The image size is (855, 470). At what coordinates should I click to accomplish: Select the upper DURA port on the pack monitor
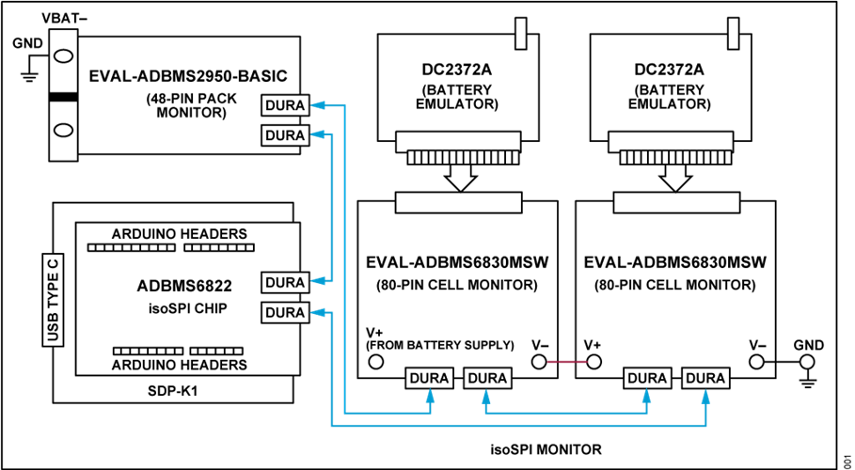[x=284, y=105]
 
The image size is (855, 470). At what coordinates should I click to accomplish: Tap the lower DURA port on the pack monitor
[x=284, y=135]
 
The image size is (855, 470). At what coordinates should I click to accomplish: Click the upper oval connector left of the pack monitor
[x=63, y=55]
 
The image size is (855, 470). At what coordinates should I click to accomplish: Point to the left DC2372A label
[x=456, y=70]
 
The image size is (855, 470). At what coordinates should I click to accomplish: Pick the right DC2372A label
[x=669, y=70]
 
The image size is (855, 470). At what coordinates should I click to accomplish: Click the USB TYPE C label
[x=54, y=299]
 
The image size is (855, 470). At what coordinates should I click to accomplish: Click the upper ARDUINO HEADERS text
[x=179, y=233]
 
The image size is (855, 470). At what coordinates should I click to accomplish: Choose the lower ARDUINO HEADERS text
[x=179, y=364]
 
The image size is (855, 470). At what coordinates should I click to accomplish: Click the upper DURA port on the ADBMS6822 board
[x=284, y=282]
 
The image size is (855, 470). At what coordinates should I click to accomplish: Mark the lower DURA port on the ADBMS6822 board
[x=284, y=312]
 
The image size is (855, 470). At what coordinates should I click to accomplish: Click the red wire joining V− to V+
[x=565, y=362]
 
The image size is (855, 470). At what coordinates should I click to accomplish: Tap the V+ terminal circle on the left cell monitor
[x=375, y=362]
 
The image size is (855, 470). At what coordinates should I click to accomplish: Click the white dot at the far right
[x=806, y=362]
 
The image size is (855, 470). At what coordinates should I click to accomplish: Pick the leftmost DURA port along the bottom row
[x=428, y=378]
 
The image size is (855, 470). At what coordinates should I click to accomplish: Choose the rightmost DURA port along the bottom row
[x=705, y=378]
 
